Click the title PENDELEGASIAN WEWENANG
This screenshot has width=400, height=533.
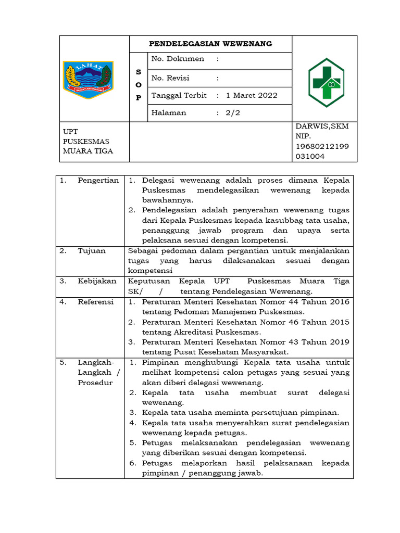pos(210,44)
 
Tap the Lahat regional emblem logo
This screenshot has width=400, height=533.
pos(87,78)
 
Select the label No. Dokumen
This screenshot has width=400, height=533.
pos(178,59)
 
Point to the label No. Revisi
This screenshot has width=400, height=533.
pos(170,78)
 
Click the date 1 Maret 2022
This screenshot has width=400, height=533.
pos(252,95)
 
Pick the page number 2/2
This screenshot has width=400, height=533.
pos(233,112)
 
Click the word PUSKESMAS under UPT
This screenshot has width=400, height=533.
pos(86,141)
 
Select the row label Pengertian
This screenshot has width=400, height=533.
pos(98,180)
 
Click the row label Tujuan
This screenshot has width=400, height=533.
pos(92,250)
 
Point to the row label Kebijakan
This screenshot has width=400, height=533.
pos(97,281)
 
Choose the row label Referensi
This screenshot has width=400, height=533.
pos(96,301)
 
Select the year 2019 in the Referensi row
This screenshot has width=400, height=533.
pos(339,342)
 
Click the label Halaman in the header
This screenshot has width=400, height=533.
pos(168,112)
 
